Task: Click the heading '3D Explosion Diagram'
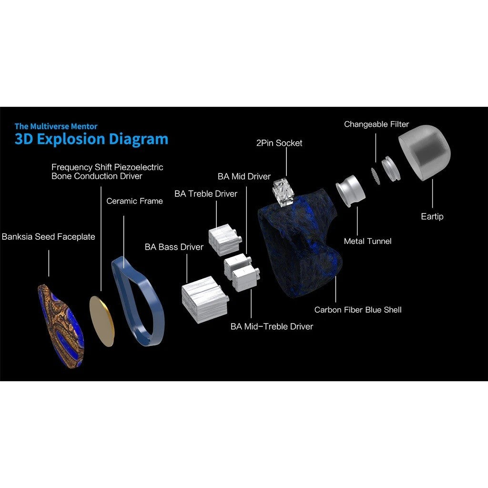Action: click(x=91, y=139)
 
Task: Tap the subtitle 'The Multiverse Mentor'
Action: click(x=56, y=126)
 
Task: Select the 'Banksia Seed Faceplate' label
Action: click(x=48, y=236)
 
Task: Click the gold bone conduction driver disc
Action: click(x=102, y=321)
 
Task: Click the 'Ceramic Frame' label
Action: click(x=134, y=201)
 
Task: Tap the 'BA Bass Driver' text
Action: click(x=174, y=247)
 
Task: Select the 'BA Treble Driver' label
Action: click(x=206, y=193)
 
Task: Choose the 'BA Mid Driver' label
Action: click(x=244, y=176)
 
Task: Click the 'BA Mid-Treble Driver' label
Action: click(x=272, y=326)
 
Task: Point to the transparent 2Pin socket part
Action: click(x=283, y=192)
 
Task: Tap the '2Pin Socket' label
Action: click(x=279, y=143)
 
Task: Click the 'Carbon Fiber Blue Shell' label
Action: click(x=358, y=310)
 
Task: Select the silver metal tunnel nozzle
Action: click(x=350, y=190)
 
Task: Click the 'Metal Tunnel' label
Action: click(x=367, y=241)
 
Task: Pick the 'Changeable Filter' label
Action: click(x=376, y=124)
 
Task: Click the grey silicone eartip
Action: click(x=425, y=152)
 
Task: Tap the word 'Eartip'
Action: click(x=432, y=216)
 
